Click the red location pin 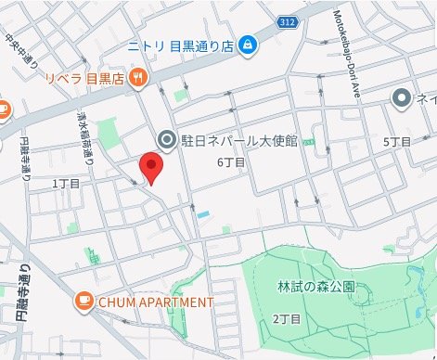pos(151,169)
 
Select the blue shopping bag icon pos(248,44)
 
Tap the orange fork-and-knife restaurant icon pos(138,76)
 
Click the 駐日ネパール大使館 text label pos(239,140)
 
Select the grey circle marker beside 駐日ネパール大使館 pos(167,140)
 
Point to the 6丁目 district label pos(231,162)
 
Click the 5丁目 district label pos(396,142)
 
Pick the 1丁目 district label pos(67,184)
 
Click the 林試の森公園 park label pos(315,287)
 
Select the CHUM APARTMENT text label pos(155,302)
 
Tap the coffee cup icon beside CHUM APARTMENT pos(84,302)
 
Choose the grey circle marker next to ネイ pos(401,97)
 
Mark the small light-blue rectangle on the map pos(203,214)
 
